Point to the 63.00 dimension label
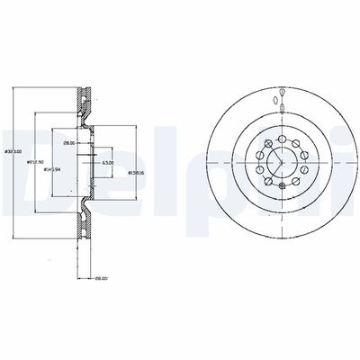[x=107, y=163]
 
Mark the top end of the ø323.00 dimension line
[x=15, y=87]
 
